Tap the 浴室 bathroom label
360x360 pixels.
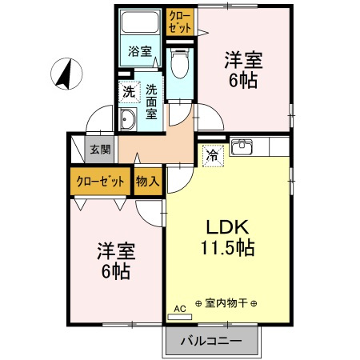coord(141,52)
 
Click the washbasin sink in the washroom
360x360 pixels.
coord(128,121)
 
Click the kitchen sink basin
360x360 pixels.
coord(242,148)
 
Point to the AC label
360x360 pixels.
coord(179,306)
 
